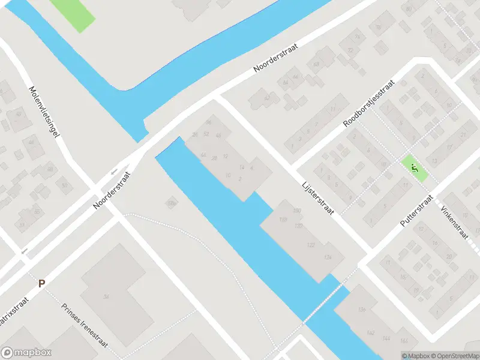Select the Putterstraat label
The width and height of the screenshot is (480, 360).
(x=417, y=211)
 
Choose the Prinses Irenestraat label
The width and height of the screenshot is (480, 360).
(x=85, y=325)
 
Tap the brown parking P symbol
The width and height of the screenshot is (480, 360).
(x=41, y=283)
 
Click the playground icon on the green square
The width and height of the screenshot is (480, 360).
(x=413, y=167)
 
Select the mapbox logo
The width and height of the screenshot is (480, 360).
(x=26, y=353)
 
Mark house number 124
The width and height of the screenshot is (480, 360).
(x=327, y=257)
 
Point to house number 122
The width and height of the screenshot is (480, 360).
(x=311, y=245)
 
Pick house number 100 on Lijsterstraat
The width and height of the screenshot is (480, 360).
(x=296, y=211)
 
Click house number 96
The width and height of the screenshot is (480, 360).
(x=209, y=122)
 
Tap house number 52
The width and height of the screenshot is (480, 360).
(x=206, y=133)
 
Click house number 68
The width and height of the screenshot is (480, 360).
(x=316, y=64)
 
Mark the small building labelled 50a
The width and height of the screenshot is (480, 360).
(x=172, y=204)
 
